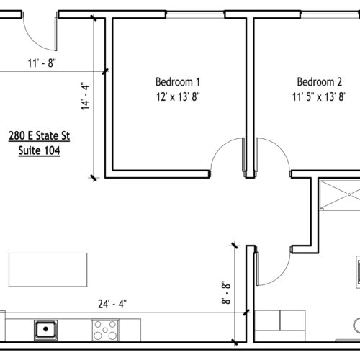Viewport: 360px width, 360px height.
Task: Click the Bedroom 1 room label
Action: click(178, 82)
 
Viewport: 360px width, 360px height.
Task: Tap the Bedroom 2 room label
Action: click(320, 82)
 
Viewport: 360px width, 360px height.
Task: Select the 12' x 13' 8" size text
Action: click(178, 96)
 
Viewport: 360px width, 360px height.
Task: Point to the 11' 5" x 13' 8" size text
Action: click(319, 96)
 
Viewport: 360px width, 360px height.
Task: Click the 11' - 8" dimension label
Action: click(42, 63)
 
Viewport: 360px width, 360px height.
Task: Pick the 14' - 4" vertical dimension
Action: click(85, 96)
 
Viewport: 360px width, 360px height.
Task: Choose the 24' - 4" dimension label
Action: click(112, 304)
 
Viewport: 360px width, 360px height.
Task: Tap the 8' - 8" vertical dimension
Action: click(226, 292)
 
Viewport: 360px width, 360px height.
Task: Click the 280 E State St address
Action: click(39, 136)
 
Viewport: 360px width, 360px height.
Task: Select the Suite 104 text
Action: click(39, 150)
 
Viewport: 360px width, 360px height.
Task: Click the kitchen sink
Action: click(45, 330)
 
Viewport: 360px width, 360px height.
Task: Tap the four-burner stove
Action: click(105, 330)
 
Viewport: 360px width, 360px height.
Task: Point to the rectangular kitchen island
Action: click(48, 269)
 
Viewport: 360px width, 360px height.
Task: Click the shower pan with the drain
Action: click(341, 195)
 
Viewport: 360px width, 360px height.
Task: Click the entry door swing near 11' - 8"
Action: click(34, 42)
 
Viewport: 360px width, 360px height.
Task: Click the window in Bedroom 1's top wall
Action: click(195, 15)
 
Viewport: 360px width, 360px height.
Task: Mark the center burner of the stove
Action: click(105, 330)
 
